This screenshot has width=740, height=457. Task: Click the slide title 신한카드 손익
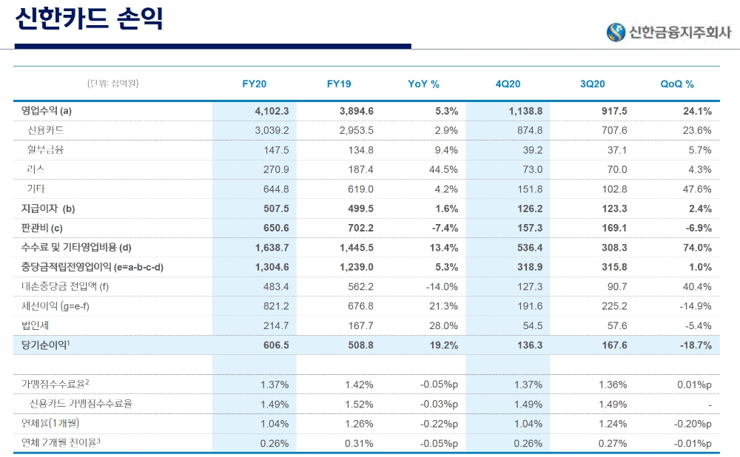coord(89,20)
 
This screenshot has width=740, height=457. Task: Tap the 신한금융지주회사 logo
coord(668,32)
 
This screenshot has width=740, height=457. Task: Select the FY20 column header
coord(255,84)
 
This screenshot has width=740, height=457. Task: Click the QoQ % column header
coord(677,84)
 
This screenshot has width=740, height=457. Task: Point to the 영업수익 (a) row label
coord(47,111)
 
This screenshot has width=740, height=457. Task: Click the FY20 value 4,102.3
coord(271,111)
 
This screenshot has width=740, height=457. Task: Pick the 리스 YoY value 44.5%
coord(443,169)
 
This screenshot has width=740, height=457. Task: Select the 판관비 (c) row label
coord(42,228)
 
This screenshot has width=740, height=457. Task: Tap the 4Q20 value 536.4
coord(526,247)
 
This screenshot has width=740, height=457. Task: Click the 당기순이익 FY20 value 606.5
coord(275,345)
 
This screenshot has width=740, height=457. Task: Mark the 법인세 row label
coord(36,325)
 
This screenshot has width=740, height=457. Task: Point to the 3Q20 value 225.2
coord(612,305)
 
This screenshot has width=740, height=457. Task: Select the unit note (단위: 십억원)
coord(112,84)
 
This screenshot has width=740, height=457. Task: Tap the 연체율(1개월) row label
coord(50,424)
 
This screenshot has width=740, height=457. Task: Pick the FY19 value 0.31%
coord(359,443)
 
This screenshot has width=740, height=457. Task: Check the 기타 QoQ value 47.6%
coord(696,189)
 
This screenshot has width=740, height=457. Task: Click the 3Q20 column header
coord(593,84)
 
